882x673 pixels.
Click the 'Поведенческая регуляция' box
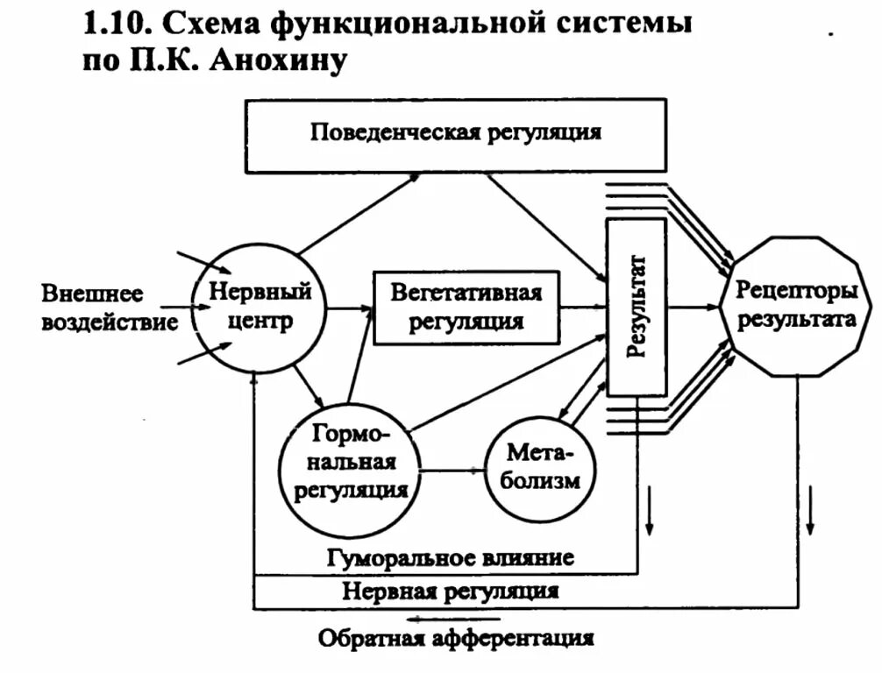tap(455, 134)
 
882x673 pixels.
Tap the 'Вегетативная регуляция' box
tap(466, 307)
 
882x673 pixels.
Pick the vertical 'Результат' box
tap(637, 307)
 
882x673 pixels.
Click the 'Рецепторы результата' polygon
tap(796, 307)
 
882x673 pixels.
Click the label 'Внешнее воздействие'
tap(109, 307)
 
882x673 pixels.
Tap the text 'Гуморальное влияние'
tap(451, 557)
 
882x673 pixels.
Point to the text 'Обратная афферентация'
tap(455, 638)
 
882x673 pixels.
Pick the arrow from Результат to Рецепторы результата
tap(693, 308)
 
